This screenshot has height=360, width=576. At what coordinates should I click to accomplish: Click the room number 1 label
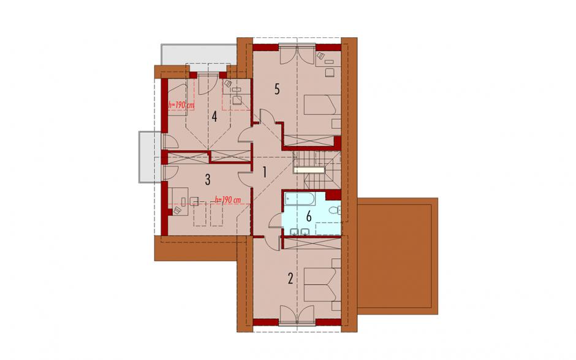pos(263,172)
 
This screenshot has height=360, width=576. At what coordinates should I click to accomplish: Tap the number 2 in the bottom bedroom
pos(290,278)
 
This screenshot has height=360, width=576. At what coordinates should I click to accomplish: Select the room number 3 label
pos(208,180)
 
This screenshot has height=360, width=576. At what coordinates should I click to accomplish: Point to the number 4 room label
pos(214,117)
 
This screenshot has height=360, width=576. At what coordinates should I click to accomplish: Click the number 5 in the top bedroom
pos(277,89)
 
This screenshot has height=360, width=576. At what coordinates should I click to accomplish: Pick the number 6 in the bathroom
pos(309,216)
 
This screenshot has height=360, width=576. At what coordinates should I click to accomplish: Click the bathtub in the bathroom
pos(300,200)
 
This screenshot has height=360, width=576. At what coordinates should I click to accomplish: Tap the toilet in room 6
pos(335,211)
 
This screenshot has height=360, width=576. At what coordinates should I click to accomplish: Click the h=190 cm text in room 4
pos(181,105)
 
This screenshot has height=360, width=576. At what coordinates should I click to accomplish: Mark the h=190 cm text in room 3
pos(228,201)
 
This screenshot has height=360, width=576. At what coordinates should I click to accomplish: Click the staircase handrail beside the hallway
pos(309,170)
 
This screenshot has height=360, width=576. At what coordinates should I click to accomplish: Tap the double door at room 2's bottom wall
pos(297,315)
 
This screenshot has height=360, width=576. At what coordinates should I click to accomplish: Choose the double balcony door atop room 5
pos(297,54)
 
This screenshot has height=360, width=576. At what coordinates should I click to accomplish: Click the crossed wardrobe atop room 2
pos(311,244)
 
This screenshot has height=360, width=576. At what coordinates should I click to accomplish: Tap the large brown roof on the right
pos(398,256)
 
